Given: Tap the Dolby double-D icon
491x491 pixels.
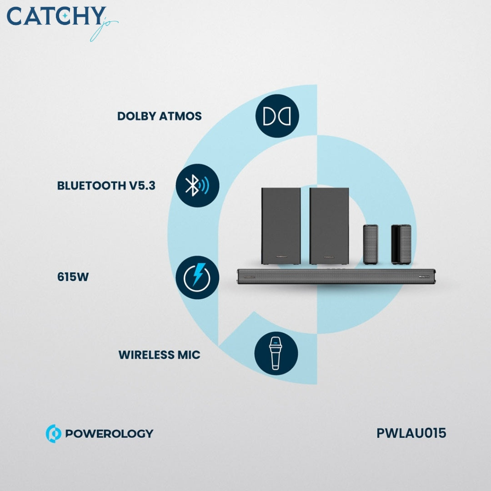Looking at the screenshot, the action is pyautogui.click(x=277, y=116).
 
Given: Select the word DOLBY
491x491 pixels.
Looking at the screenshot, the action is pyautogui.click(x=136, y=116).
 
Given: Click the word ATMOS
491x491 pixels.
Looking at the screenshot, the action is pyautogui.click(x=180, y=116).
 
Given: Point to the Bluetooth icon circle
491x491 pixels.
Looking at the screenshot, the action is pyautogui.click(x=197, y=185).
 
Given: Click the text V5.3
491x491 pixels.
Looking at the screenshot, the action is pyautogui.click(x=142, y=185).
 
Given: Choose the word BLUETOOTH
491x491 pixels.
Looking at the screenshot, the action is pyautogui.click(x=91, y=185).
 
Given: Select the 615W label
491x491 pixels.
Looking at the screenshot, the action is pyautogui.click(x=73, y=277).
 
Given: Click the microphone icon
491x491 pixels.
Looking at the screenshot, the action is pyautogui.click(x=276, y=353).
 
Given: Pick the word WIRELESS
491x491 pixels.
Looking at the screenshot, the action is pyautogui.click(x=146, y=355).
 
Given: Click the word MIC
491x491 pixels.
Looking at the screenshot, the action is pyautogui.click(x=189, y=355).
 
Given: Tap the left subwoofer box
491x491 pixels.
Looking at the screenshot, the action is pyautogui.click(x=281, y=226).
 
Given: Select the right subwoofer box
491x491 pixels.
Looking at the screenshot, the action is pyautogui.click(x=329, y=226).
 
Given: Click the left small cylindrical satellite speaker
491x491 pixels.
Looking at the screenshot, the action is pyautogui.click(x=371, y=244).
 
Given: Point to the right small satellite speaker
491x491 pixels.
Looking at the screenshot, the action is pyautogui.click(x=401, y=244).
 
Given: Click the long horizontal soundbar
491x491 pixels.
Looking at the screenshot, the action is pyautogui.click(x=336, y=276).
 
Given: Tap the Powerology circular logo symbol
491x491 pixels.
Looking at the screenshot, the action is pyautogui.click(x=53, y=434).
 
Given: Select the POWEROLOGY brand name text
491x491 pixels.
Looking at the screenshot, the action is pyautogui.click(x=109, y=434).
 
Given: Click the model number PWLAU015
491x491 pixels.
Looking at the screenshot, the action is pyautogui.click(x=411, y=433).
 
